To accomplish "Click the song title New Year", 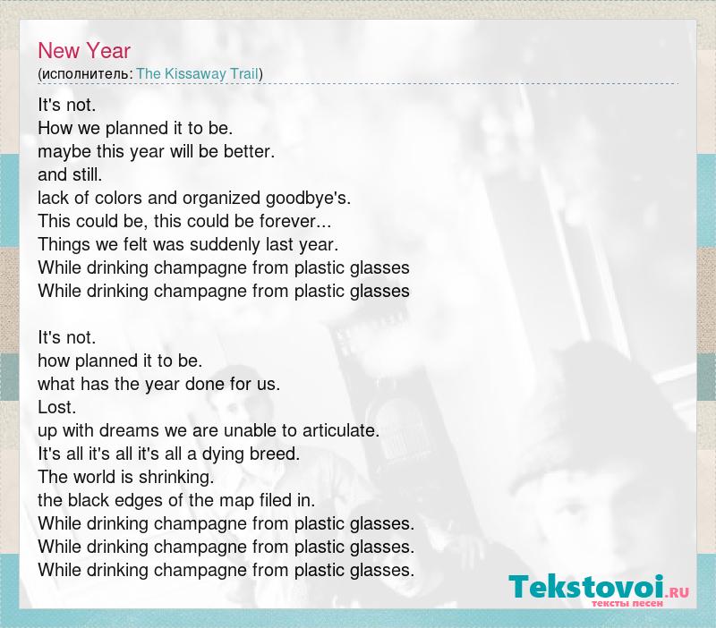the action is (x=84, y=50).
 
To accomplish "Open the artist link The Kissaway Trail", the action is (x=198, y=74).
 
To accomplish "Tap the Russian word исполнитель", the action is (x=85, y=74).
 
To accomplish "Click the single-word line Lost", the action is (x=57, y=407).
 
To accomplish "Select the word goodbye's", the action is (x=308, y=199).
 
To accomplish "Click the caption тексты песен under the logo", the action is (x=627, y=603).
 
